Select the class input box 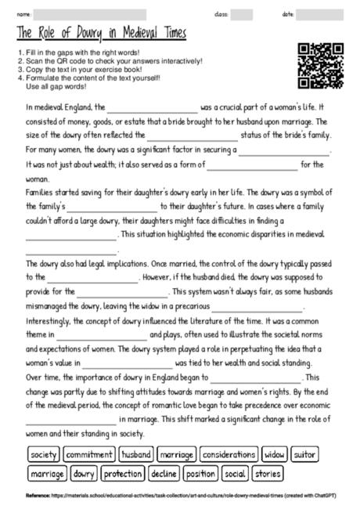click(242, 14)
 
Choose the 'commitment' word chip click(88, 454)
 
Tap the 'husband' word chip click(136, 454)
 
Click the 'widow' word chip click(275, 454)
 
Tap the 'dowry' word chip click(84, 474)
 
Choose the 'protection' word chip click(123, 474)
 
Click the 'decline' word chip click(164, 474)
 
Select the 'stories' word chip click(268, 474)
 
